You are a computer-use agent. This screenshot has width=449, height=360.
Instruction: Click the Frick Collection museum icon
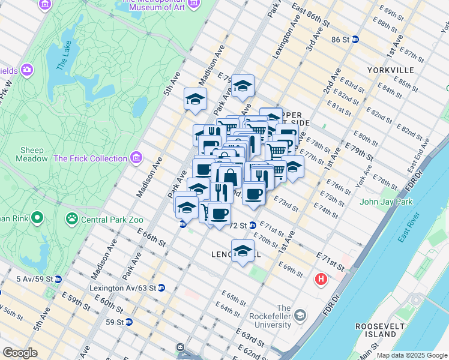click(x=136, y=158)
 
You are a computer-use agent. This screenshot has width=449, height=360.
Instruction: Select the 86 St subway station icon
click(x=355, y=40)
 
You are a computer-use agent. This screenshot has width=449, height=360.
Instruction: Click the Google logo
click(x=20, y=353)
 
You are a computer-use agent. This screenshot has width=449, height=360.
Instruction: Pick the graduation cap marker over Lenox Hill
click(x=243, y=251)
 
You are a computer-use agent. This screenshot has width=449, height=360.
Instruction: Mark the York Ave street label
click(x=363, y=174)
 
